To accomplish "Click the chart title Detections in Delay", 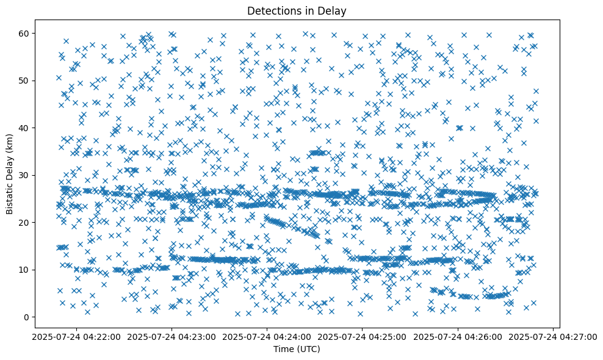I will (x=296, y=10).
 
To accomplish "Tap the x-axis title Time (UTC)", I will (x=296, y=350).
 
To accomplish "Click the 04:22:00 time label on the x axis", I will (x=76, y=336).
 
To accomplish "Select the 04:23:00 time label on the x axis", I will (x=172, y=336).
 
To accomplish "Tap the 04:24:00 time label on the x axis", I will (x=267, y=336).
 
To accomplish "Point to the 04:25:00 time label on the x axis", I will (x=363, y=336).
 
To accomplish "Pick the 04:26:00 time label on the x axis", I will (x=458, y=336).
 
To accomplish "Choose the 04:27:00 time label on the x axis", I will (x=553, y=336).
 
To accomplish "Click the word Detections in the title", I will (x=273, y=10).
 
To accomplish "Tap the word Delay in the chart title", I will (x=333, y=10).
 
